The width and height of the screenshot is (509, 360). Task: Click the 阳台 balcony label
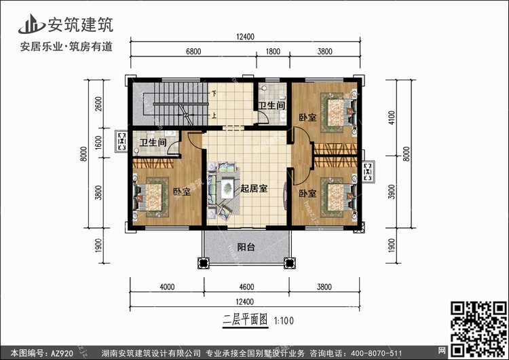[x=246, y=247]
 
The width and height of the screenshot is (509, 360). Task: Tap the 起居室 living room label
[x=253, y=188]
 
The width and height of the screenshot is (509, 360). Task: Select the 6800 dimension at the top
[x=193, y=51]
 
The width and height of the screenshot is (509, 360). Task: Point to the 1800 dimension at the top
[x=273, y=51]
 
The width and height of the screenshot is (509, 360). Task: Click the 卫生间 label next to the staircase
[x=271, y=105]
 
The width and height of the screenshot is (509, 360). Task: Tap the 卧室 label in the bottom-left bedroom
[x=181, y=192]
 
